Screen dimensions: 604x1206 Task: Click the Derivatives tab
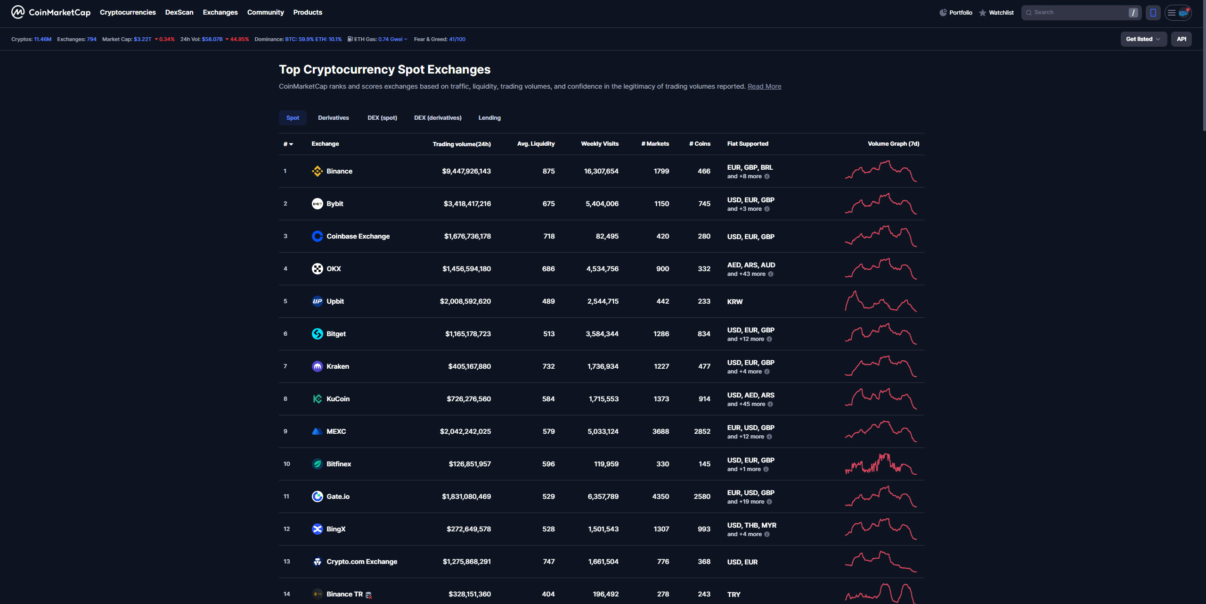point(333,118)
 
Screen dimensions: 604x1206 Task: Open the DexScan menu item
point(179,12)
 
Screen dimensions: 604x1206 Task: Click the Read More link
point(764,86)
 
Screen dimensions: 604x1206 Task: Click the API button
point(1181,39)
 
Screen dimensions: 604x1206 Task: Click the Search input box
point(1079,13)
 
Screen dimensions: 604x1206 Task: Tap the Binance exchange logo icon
point(318,171)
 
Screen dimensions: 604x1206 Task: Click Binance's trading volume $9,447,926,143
point(466,171)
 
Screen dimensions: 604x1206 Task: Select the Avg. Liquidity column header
point(536,144)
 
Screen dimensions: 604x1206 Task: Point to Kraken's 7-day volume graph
point(880,366)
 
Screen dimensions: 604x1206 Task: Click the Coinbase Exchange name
point(358,236)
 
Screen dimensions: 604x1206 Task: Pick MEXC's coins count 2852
point(702,431)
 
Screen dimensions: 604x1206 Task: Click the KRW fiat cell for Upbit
point(734,302)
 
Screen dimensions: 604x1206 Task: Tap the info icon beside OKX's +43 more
point(771,274)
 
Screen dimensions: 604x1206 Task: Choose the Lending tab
point(489,118)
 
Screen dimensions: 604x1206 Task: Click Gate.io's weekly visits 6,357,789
point(603,496)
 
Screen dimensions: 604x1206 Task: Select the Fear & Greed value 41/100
point(457,39)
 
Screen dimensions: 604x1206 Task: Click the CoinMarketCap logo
point(51,12)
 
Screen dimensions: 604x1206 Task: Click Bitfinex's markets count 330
point(662,464)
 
